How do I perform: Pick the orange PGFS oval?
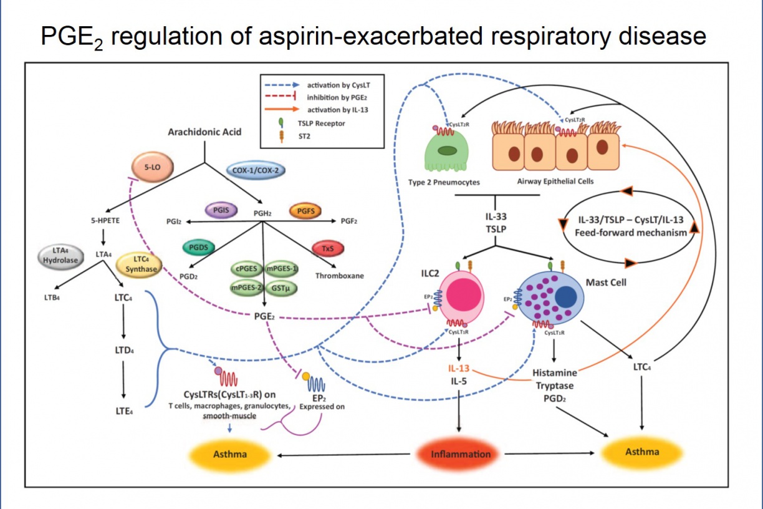[305, 211]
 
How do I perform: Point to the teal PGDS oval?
[199, 248]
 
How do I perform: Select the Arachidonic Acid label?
[204, 132]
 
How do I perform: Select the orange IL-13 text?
[459, 369]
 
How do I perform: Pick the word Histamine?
[554, 372]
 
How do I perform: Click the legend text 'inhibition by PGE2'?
[336, 98]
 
